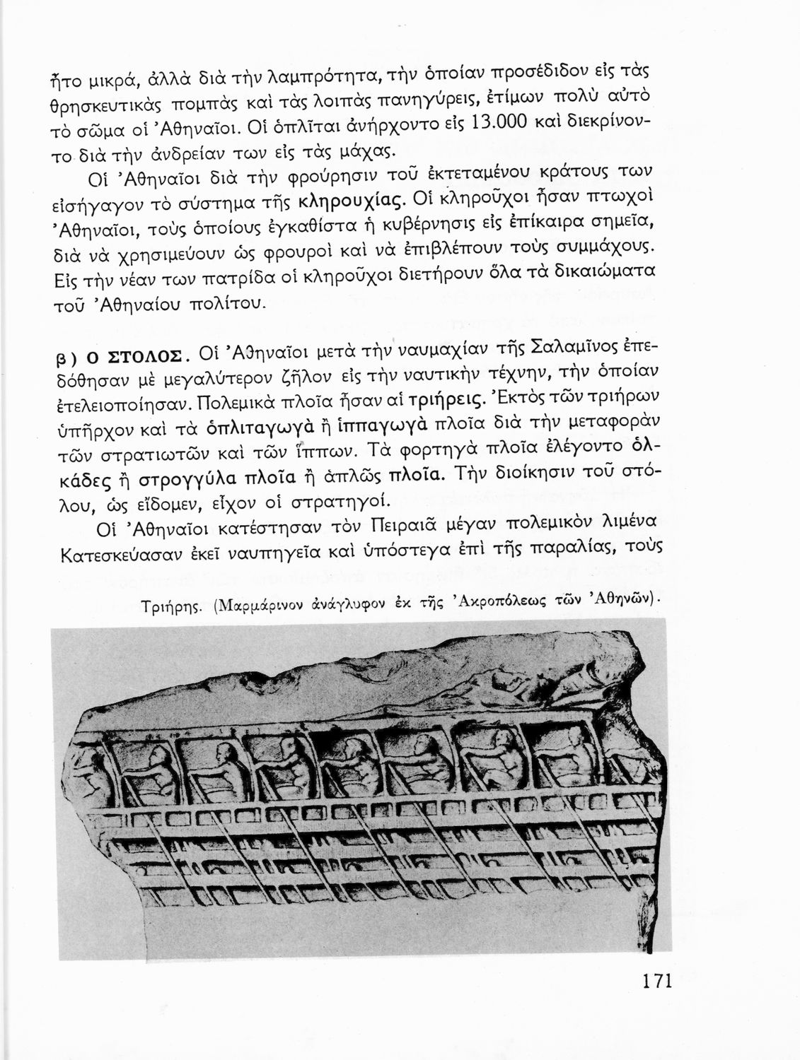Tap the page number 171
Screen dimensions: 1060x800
(656, 982)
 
